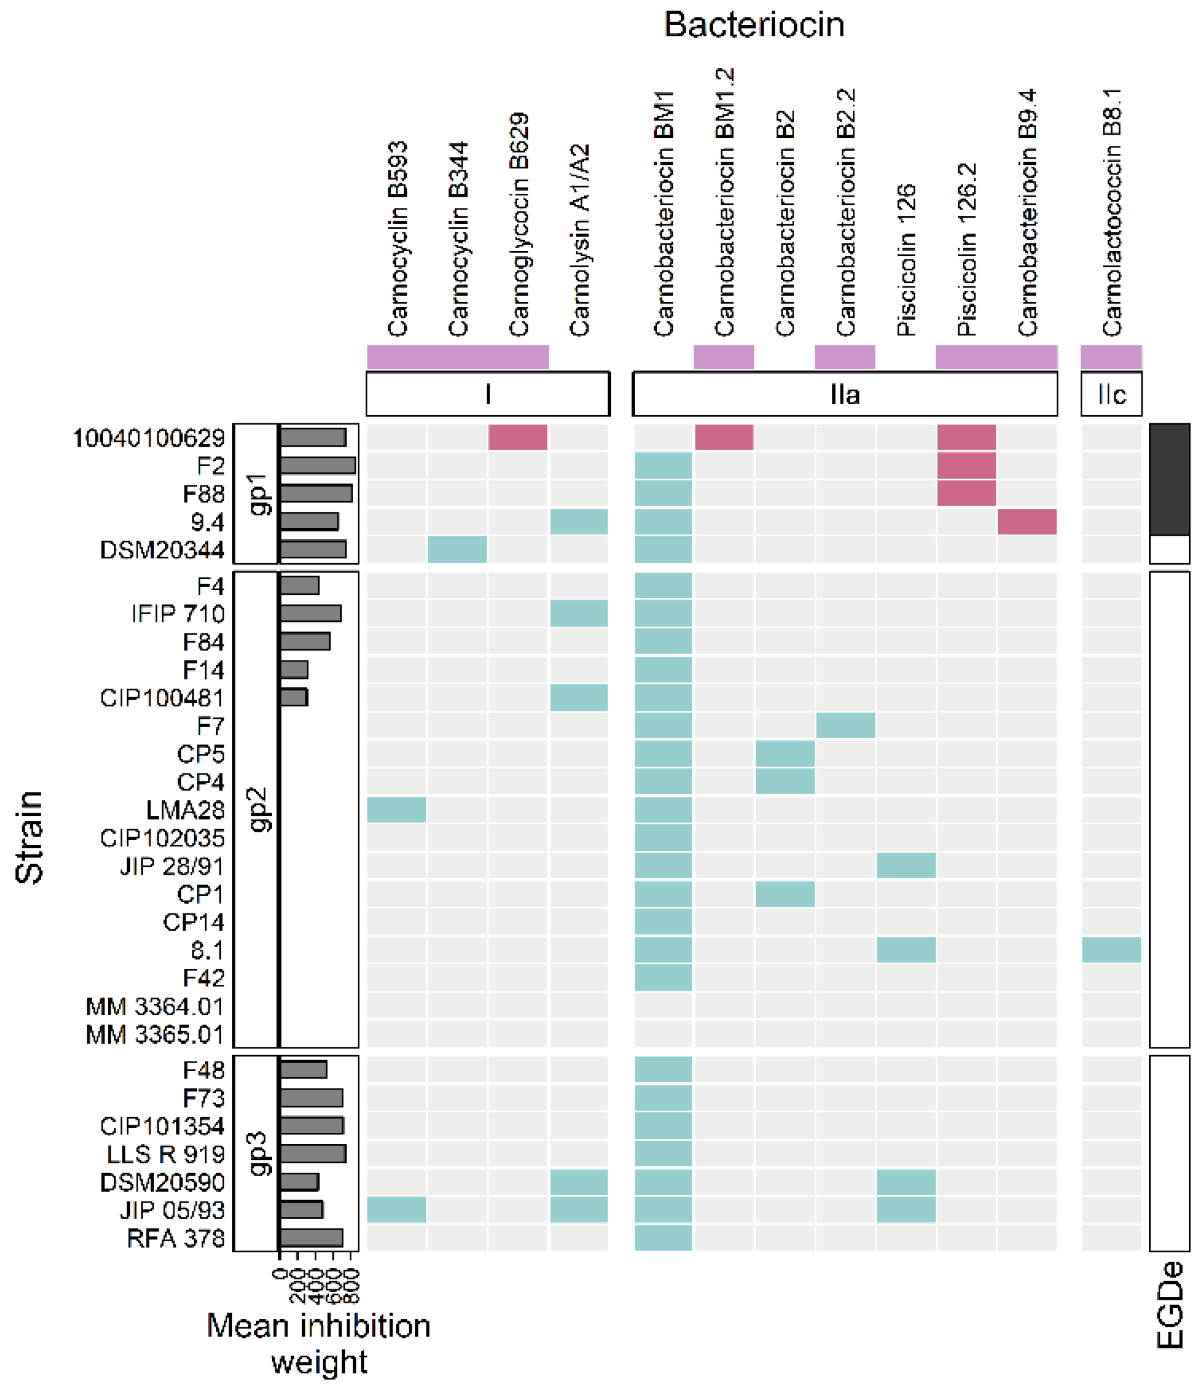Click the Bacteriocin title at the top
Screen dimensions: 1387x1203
753,25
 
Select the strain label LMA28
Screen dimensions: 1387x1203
185,810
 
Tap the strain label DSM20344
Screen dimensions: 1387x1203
162,550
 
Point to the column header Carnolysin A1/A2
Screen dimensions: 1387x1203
579,239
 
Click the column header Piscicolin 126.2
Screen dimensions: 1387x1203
967,249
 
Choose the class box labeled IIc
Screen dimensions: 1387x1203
1111,395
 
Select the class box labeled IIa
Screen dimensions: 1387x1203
845,395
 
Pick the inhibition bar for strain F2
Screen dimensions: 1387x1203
317,465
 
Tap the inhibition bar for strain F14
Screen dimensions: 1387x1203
294,670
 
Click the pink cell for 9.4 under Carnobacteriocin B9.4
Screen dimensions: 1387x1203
1027,522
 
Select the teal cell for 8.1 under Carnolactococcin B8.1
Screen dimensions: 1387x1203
1111,950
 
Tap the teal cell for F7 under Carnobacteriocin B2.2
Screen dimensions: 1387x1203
845,725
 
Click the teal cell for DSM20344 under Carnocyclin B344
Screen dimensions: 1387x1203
457,550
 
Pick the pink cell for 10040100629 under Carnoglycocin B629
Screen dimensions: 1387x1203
518,437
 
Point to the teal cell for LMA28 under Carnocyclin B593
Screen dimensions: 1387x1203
397,810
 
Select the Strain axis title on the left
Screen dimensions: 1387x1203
29,837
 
